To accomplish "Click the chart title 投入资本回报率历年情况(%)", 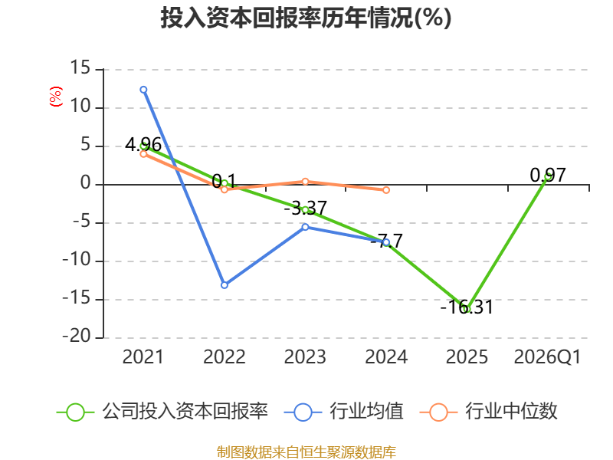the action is (306, 18).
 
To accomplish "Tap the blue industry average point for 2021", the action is (143, 90).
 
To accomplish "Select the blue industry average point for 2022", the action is (225, 285).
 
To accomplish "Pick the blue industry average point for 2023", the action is (305, 227).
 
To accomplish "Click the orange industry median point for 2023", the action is (305, 182).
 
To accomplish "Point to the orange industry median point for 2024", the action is (386, 190).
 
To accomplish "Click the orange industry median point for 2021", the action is (143, 154).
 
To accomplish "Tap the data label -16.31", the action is (467, 307).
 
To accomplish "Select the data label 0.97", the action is (548, 176).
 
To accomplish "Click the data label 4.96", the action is (143, 145).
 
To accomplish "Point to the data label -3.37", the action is (305, 208).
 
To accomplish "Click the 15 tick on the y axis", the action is (80, 67).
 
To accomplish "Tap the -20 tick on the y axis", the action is (77, 336).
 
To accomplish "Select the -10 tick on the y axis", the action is (77, 259).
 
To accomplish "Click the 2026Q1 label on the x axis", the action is (547, 356).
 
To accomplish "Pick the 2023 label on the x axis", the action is (305, 356).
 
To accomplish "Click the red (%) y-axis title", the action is (55, 97).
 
